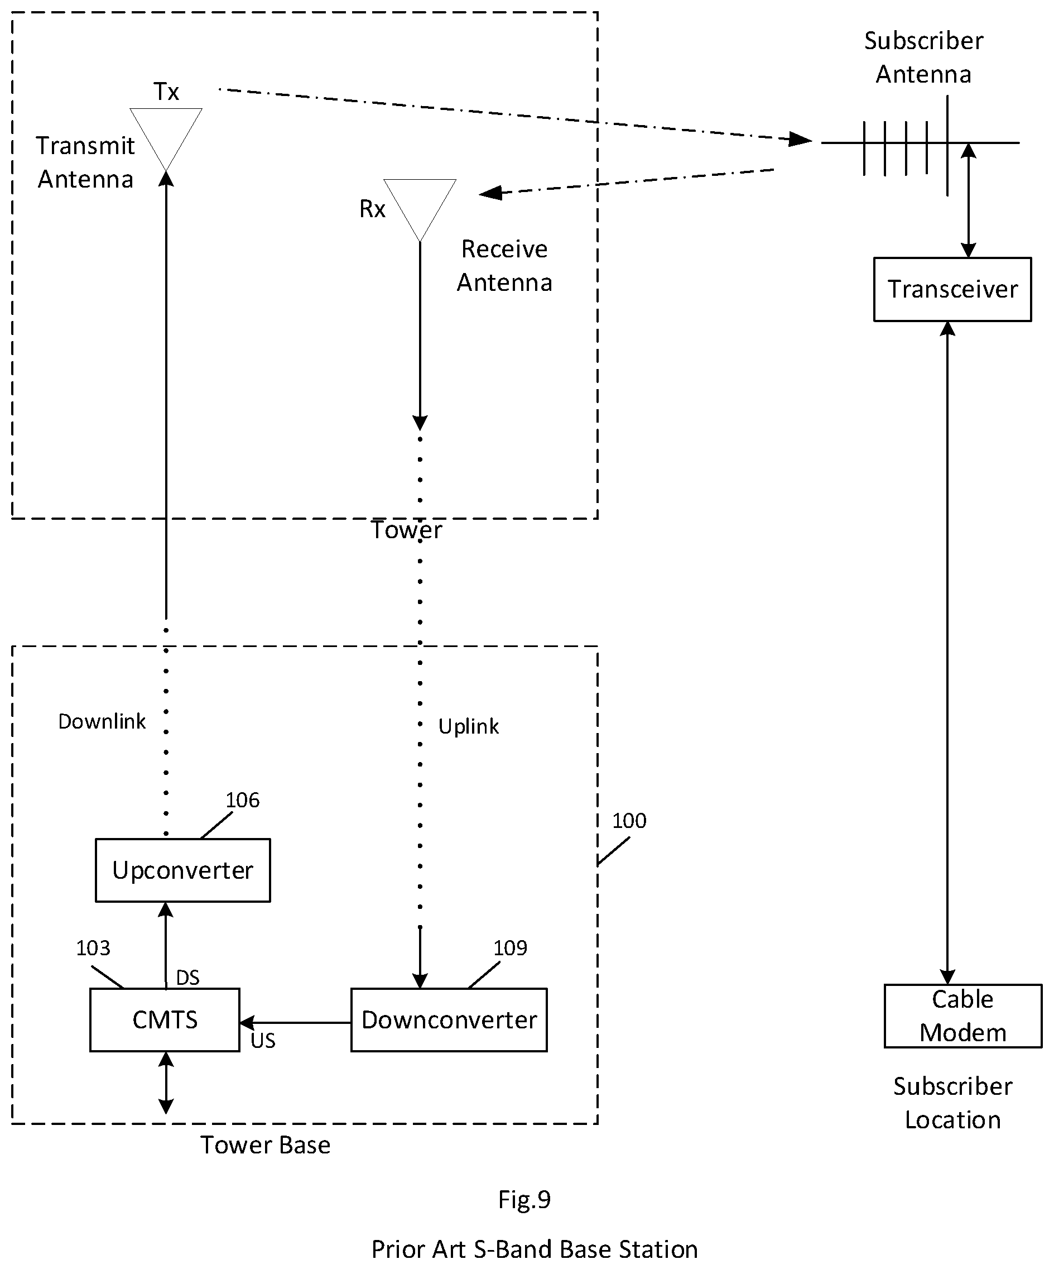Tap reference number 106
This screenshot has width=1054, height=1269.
coord(242,800)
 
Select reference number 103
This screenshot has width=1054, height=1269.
coord(93,948)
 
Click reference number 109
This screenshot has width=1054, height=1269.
coord(511,948)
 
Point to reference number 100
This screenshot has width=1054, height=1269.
coord(629,821)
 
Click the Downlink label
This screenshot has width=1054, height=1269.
coord(102,721)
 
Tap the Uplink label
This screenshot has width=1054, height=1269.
coord(469,726)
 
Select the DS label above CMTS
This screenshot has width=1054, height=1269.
coord(188,978)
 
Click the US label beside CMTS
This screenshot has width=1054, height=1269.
coord(263,1041)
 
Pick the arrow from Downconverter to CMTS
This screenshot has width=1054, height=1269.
coord(295,1022)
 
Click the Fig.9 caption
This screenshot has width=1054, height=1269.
coord(524,1200)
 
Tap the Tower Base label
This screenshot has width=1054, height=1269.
coord(265,1145)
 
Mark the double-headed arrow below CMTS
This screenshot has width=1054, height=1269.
coord(166,1083)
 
